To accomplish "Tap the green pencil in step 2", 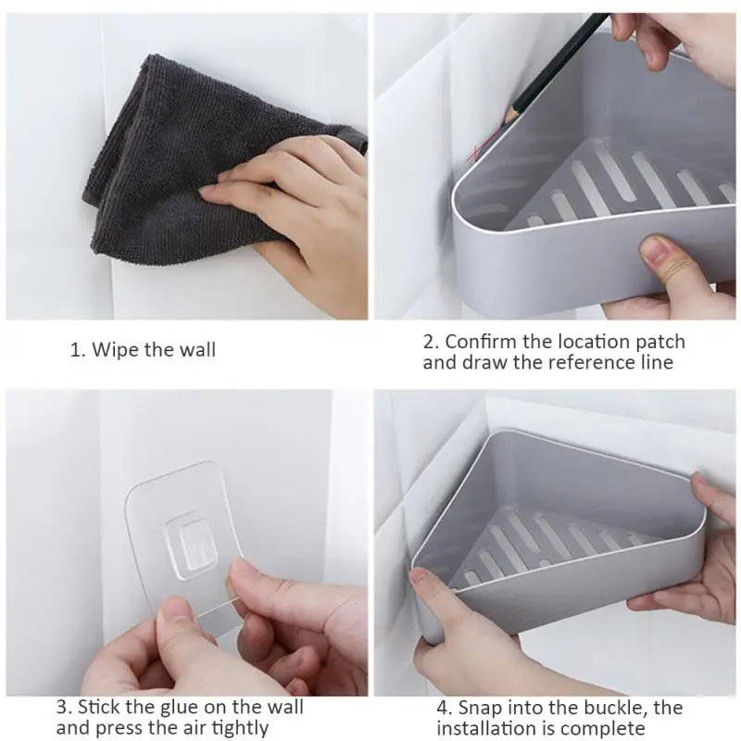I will pyautogui.click(x=556, y=65).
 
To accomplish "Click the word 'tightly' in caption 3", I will pyautogui.click(x=239, y=728).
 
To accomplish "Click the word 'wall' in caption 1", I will pyautogui.click(x=196, y=350).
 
